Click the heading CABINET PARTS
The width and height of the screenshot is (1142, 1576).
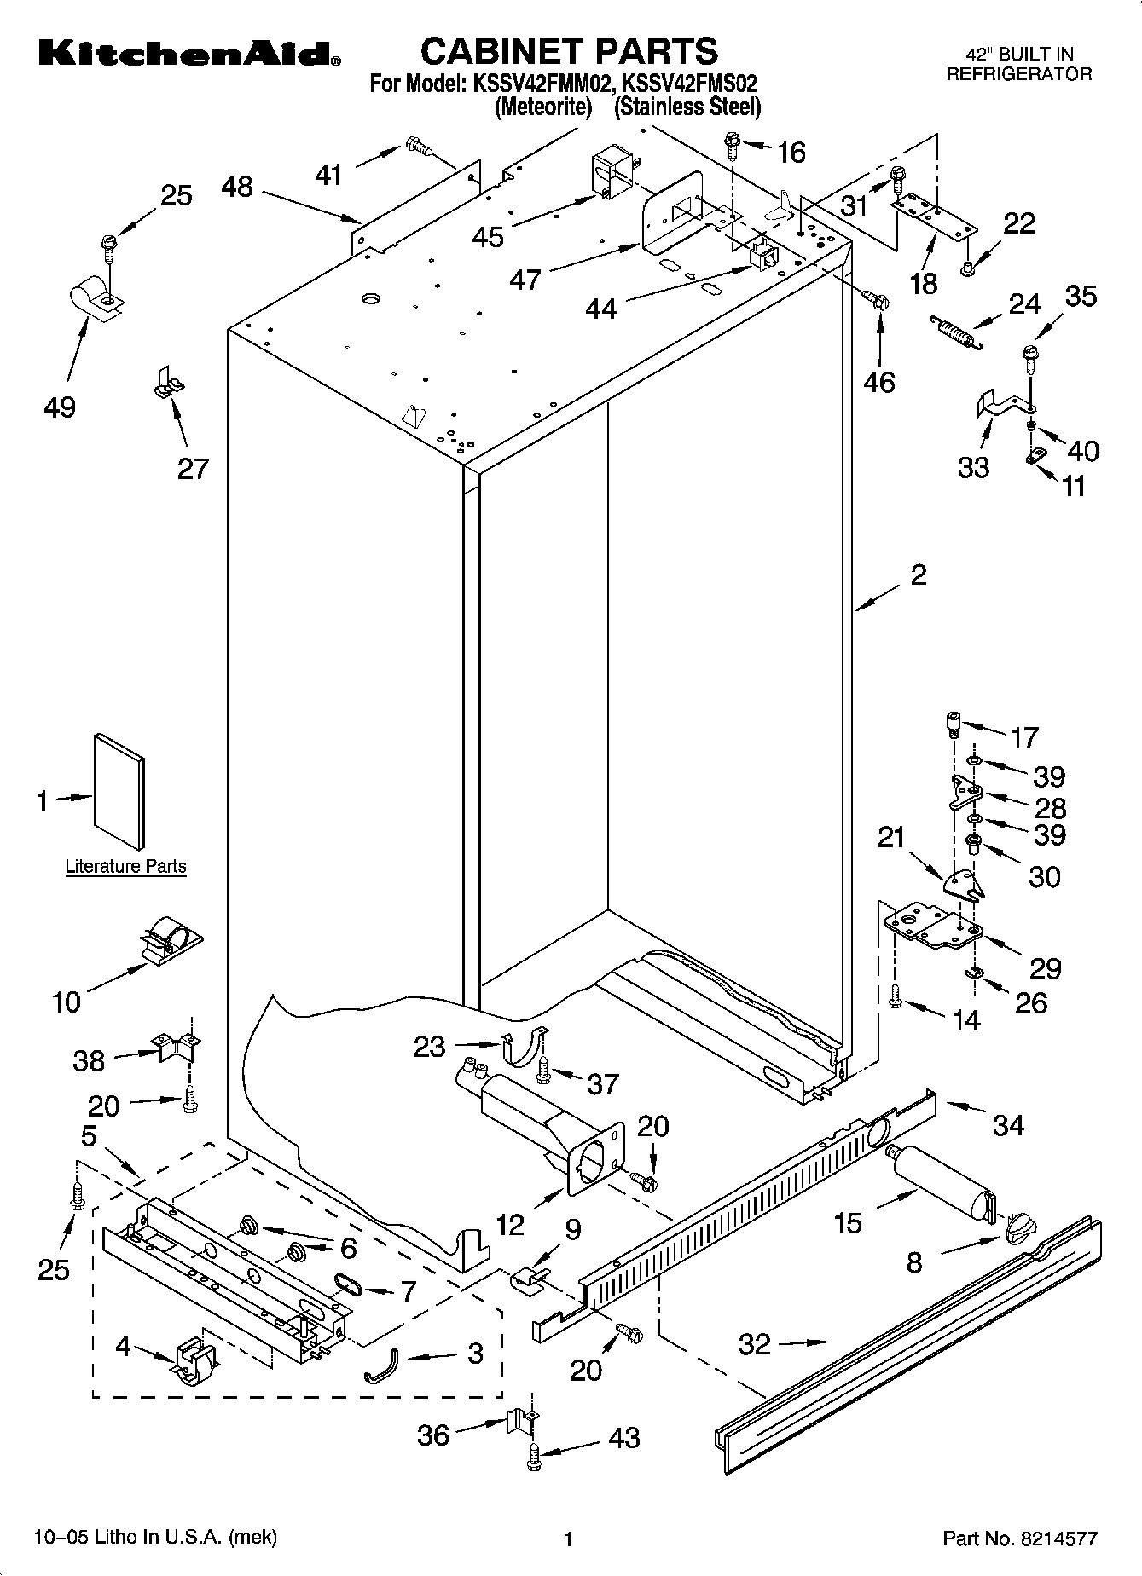(x=569, y=51)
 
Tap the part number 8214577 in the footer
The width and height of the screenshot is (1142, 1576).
(x=1056, y=1538)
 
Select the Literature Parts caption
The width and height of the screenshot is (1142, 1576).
(x=125, y=867)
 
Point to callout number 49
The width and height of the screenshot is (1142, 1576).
(x=60, y=407)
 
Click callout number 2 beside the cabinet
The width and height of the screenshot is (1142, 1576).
(x=918, y=574)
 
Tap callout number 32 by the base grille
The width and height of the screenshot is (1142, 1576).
(x=755, y=1344)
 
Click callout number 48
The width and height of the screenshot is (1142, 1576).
(x=237, y=187)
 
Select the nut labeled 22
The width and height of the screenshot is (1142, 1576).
(x=967, y=268)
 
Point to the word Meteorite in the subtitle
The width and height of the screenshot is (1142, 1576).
(x=543, y=107)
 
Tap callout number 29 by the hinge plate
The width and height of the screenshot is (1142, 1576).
(x=1045, y=967)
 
